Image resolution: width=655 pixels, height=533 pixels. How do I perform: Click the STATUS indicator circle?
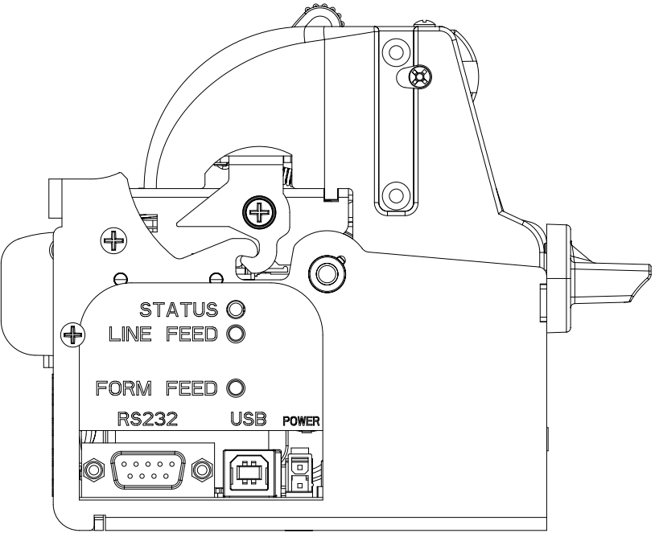236,310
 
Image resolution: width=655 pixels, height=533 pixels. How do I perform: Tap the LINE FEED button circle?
236,334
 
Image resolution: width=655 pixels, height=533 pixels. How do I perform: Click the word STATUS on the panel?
179,310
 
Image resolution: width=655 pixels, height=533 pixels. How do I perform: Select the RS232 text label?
147,419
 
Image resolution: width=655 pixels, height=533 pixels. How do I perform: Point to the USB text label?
249,419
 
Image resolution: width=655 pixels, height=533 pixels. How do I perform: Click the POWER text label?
301,421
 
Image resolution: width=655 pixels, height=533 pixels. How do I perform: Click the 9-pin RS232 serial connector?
148,469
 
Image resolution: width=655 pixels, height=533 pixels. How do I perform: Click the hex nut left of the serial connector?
93,469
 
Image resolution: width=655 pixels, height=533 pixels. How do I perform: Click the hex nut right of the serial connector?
202,469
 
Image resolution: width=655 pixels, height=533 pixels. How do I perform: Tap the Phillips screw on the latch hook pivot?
259,213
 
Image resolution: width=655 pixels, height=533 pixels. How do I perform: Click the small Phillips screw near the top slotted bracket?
420,77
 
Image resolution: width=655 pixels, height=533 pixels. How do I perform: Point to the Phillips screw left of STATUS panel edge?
72,334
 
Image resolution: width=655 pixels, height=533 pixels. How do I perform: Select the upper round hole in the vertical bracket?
396,52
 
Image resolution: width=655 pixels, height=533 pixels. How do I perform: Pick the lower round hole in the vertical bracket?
396,195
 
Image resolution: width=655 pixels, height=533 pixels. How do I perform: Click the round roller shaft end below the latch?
327,274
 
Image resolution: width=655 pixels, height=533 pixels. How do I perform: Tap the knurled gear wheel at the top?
319,17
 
